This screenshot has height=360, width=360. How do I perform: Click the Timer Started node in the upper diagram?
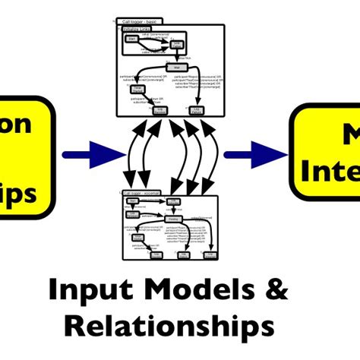click(137, 90)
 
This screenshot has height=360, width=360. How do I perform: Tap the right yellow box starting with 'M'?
click(327, 155)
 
